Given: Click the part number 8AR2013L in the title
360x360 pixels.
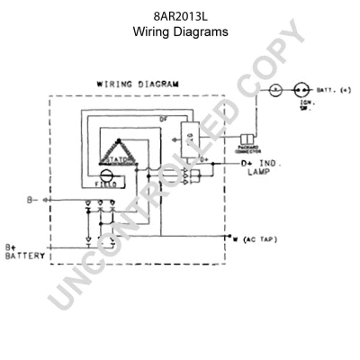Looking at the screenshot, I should pos(180,16).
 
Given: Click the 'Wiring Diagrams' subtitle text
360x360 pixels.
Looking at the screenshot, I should pos(180,31).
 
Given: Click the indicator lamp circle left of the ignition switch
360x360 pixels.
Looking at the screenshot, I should pos(277,91).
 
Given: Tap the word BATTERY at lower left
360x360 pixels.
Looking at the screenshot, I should pos(25,256).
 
